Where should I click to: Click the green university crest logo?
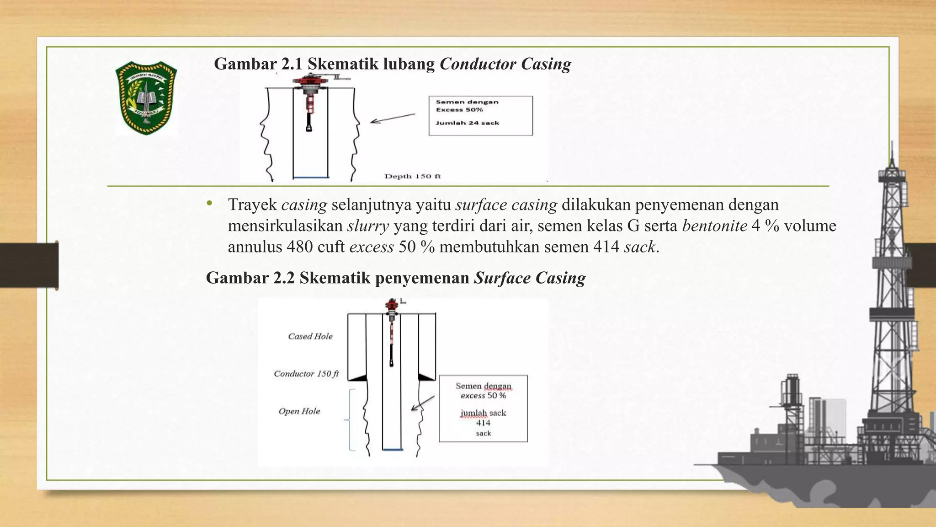[x=146, y=98]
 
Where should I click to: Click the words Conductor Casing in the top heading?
[x=505, y=64]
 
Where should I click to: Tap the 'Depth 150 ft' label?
[x=412, y=176]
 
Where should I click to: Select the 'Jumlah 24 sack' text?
[x=467, y=123]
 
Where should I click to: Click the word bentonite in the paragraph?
[x=714, y=226]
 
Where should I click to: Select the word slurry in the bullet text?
[x=368, y=226]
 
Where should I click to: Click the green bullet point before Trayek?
[x=209, y=204]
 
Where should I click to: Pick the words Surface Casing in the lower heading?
[x=530, y=278]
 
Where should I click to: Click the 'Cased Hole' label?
[x=310, y=336]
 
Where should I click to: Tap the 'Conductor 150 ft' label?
[x=306, y=374]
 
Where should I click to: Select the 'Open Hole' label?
[x=299, y=411]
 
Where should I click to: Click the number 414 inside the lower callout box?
[x=483, y=423]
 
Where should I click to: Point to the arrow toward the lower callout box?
[x=423, y=403]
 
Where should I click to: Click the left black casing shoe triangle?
[x=359, y=377]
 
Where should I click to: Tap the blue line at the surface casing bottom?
[x=393, y=450]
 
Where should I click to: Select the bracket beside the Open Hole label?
[x=351, y=419]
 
